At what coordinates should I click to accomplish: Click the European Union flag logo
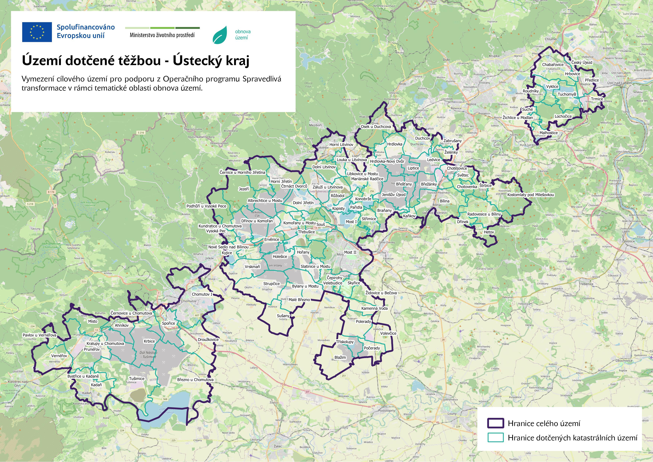(37, 32)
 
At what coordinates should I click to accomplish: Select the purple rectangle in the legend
(495, 423)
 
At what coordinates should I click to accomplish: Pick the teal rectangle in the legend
(495, 438)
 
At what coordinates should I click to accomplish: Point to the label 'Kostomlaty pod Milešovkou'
(530, 195)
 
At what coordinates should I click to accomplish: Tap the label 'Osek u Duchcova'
(376, 127)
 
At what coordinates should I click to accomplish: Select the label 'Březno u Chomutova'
(195, 379)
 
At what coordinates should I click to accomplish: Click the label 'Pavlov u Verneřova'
(39, 335)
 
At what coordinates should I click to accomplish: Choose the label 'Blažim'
(340, 357)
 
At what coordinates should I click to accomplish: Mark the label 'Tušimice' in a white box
(137, 378)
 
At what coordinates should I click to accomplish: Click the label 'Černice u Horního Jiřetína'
(242, 172)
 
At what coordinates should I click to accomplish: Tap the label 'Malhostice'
(548, 133)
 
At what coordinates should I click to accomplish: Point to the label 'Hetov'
(489, 232)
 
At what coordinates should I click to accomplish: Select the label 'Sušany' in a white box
(283, 316)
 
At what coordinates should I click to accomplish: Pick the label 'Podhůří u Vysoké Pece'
(206, 206)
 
